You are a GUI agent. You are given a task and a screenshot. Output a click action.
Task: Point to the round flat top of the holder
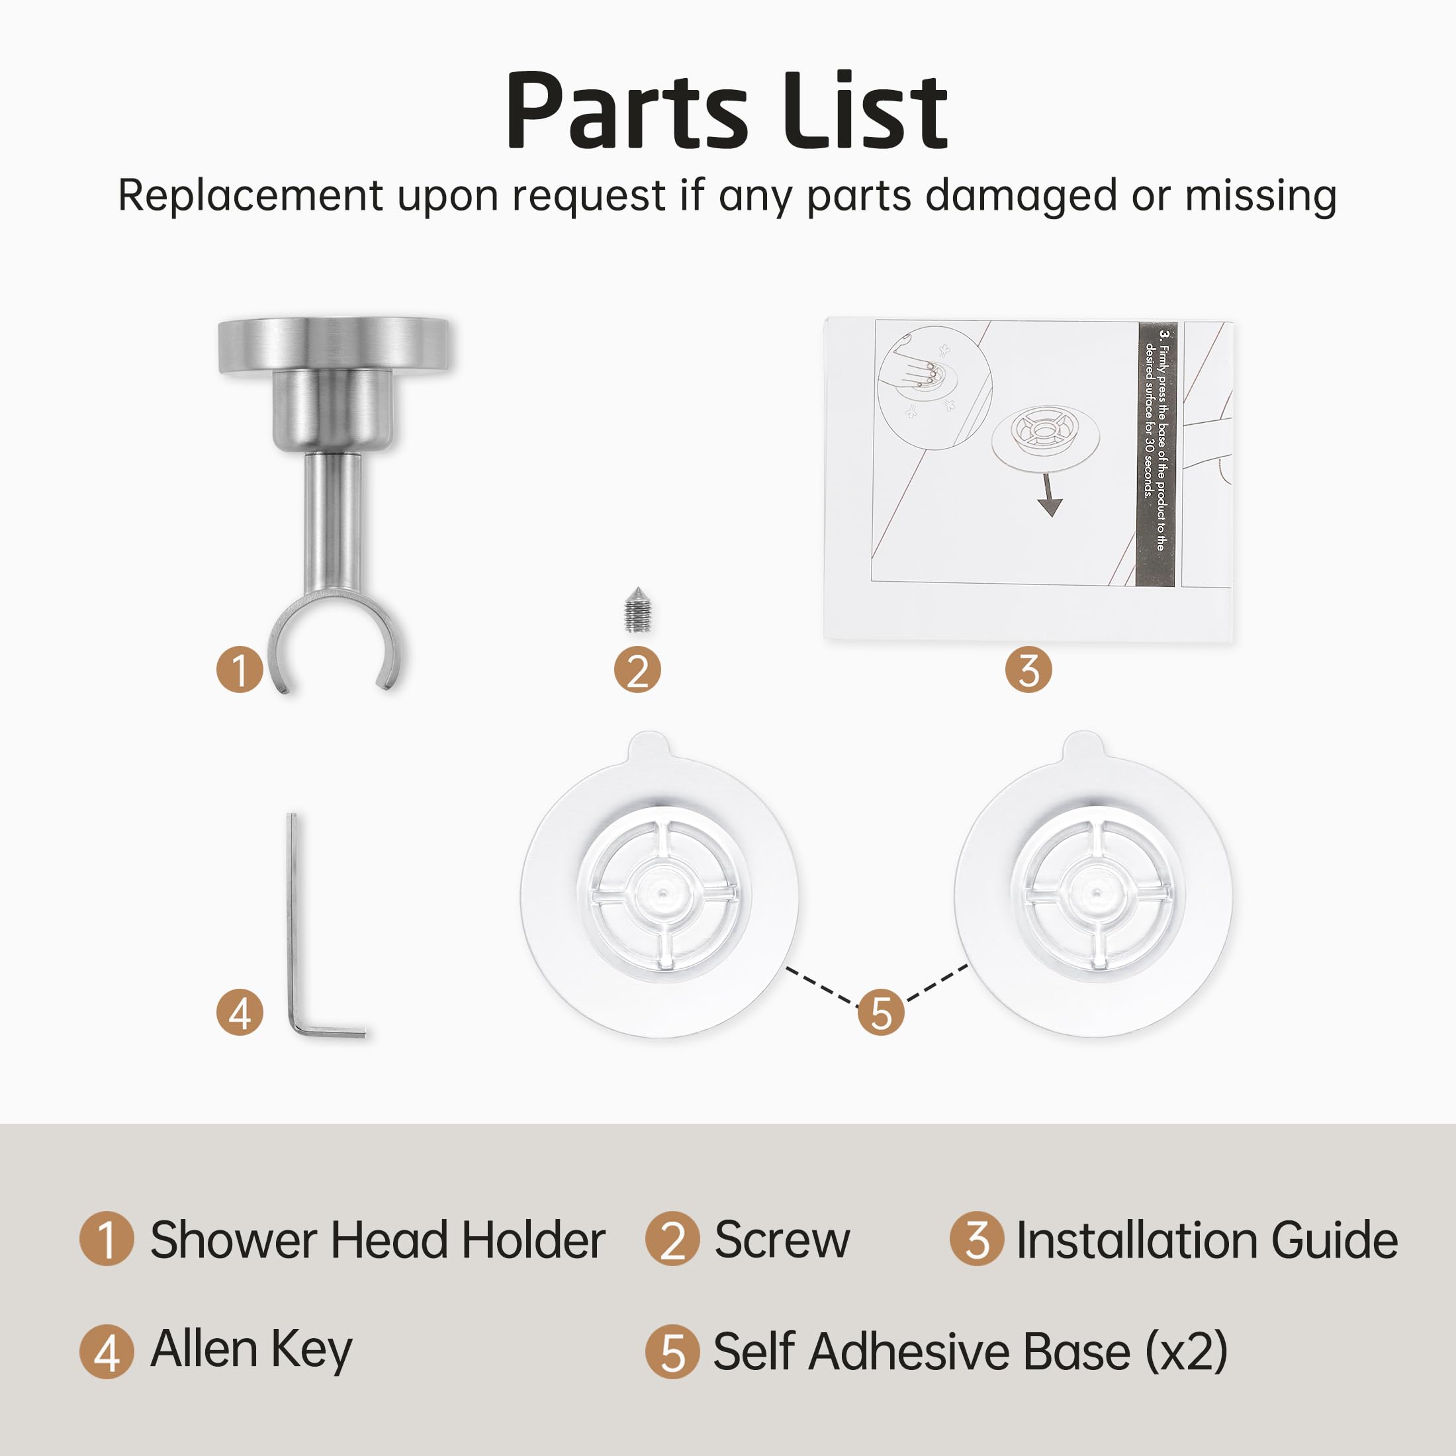[x=334, y=343]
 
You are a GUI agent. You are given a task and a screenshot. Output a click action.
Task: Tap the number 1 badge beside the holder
[x=240, y=669]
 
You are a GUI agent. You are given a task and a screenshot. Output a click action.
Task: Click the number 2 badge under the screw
[x=637, y=670]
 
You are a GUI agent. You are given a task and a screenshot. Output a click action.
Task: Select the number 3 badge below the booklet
[x=1028, y=670]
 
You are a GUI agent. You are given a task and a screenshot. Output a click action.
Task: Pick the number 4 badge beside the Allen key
[x=240, y=1011]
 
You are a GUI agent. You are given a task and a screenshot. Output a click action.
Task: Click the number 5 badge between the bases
[x=880, y=1011]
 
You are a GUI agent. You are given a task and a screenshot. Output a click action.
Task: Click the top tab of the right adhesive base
[x=1083, y=745]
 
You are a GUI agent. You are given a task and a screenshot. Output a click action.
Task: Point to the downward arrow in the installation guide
[x=1049, y=495]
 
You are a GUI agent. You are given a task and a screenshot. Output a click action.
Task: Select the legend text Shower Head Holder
[x=377, y=1240]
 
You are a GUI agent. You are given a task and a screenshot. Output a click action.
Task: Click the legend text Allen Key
[x=251, y=1351]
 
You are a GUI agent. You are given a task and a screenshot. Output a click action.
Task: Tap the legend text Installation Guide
[x=1206, y=1240]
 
